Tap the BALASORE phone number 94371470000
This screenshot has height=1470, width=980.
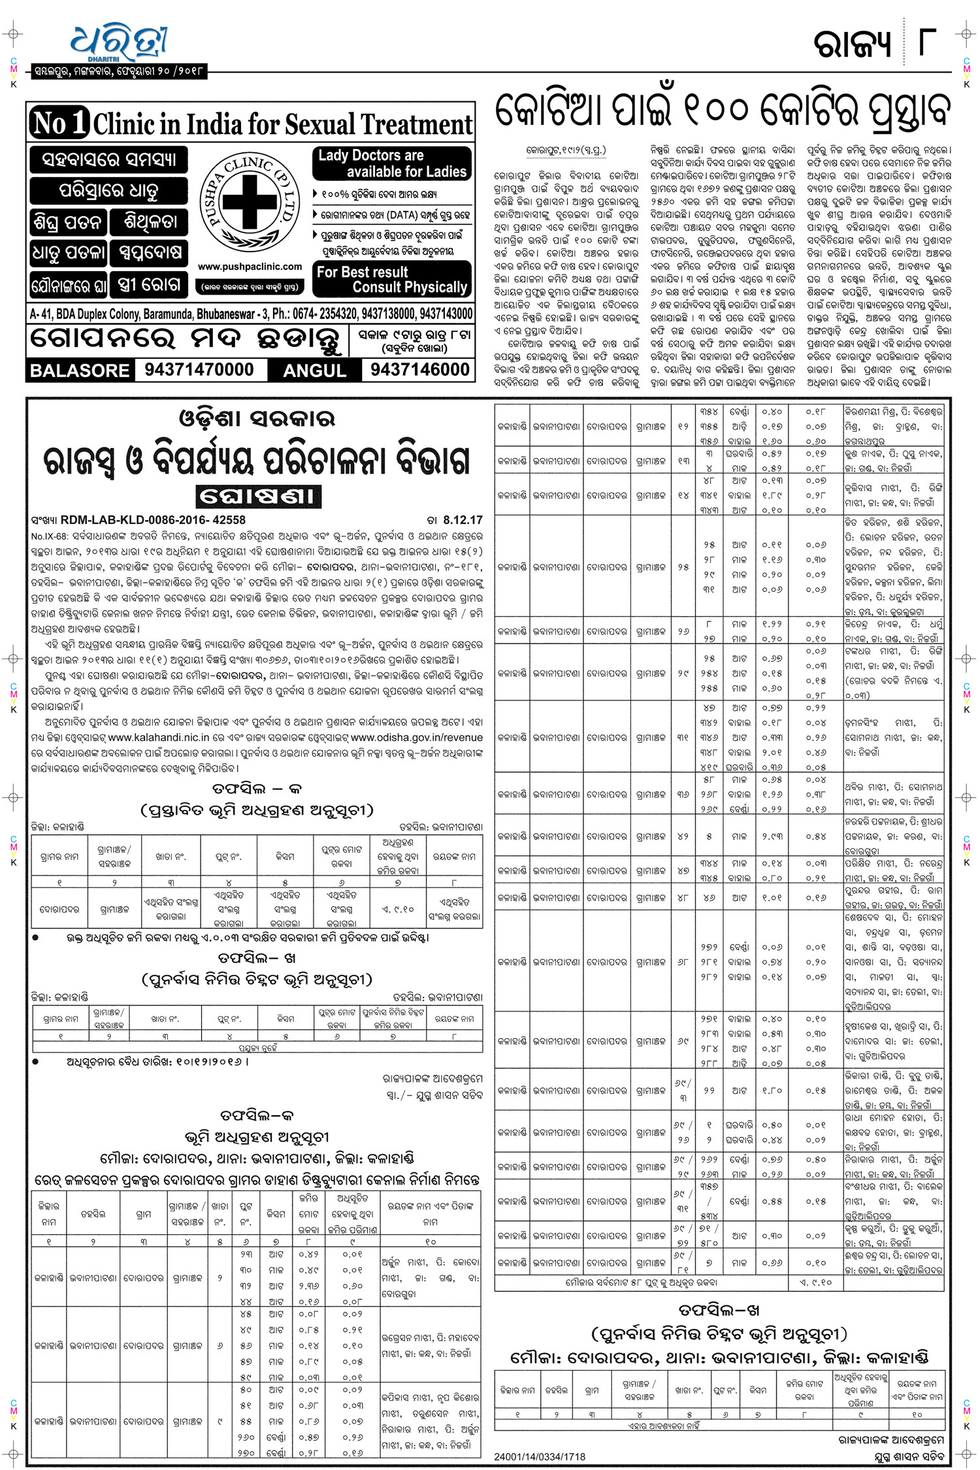coord(199,370)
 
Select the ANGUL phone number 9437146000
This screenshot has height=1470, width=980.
coord(419,370)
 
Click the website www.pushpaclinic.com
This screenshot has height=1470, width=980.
coord(250,267)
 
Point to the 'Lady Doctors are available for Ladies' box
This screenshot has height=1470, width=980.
coord(392,163)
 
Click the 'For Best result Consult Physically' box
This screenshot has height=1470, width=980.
coord(392,280)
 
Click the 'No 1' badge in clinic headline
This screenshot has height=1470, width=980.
coord(59,123)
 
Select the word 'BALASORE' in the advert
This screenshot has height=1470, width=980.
coord(80,370)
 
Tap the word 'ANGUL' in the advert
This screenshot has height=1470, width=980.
coord(314,370)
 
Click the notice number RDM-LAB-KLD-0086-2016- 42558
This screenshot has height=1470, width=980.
coord(153,520)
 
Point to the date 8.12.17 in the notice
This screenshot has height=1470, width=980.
coord(463,520)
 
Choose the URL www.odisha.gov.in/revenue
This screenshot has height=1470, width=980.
coord(417,737)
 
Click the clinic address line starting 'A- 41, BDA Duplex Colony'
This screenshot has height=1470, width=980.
coord(251,314)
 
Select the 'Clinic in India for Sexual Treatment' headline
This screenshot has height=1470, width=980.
coord(282,124)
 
